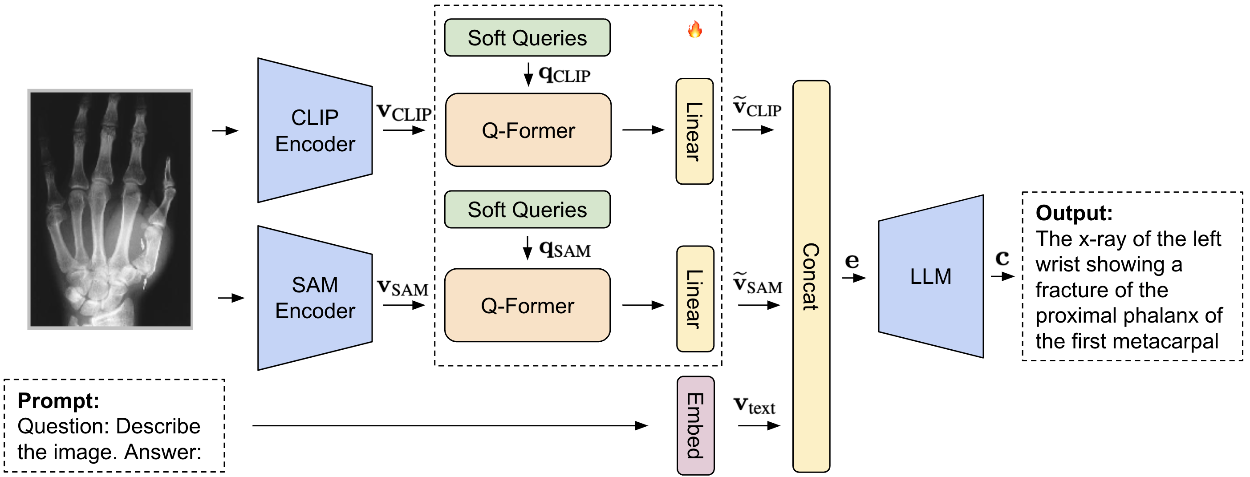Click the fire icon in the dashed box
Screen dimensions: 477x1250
pos(695,30)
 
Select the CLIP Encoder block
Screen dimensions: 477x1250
pos(315,130)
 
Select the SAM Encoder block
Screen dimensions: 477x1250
pos(315,298)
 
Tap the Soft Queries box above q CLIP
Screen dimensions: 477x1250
pos(528,38)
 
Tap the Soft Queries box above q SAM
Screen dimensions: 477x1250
pos(528,210)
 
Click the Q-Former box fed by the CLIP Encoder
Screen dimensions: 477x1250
pos(528,130)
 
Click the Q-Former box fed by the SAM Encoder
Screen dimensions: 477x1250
pos(528,306)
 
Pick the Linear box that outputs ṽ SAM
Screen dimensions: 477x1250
pos(695,299)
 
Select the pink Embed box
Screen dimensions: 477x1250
pos(695,425)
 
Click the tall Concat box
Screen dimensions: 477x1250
pos(811,276)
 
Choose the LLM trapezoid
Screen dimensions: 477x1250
pos(931,277)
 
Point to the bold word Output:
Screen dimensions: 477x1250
pos(1074,213)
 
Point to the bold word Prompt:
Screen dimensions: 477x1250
pos(58,401)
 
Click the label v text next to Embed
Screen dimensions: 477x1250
pos(755,405)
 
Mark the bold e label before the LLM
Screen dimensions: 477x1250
pos(852,261)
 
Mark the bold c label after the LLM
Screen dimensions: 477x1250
pos(1002,258)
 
